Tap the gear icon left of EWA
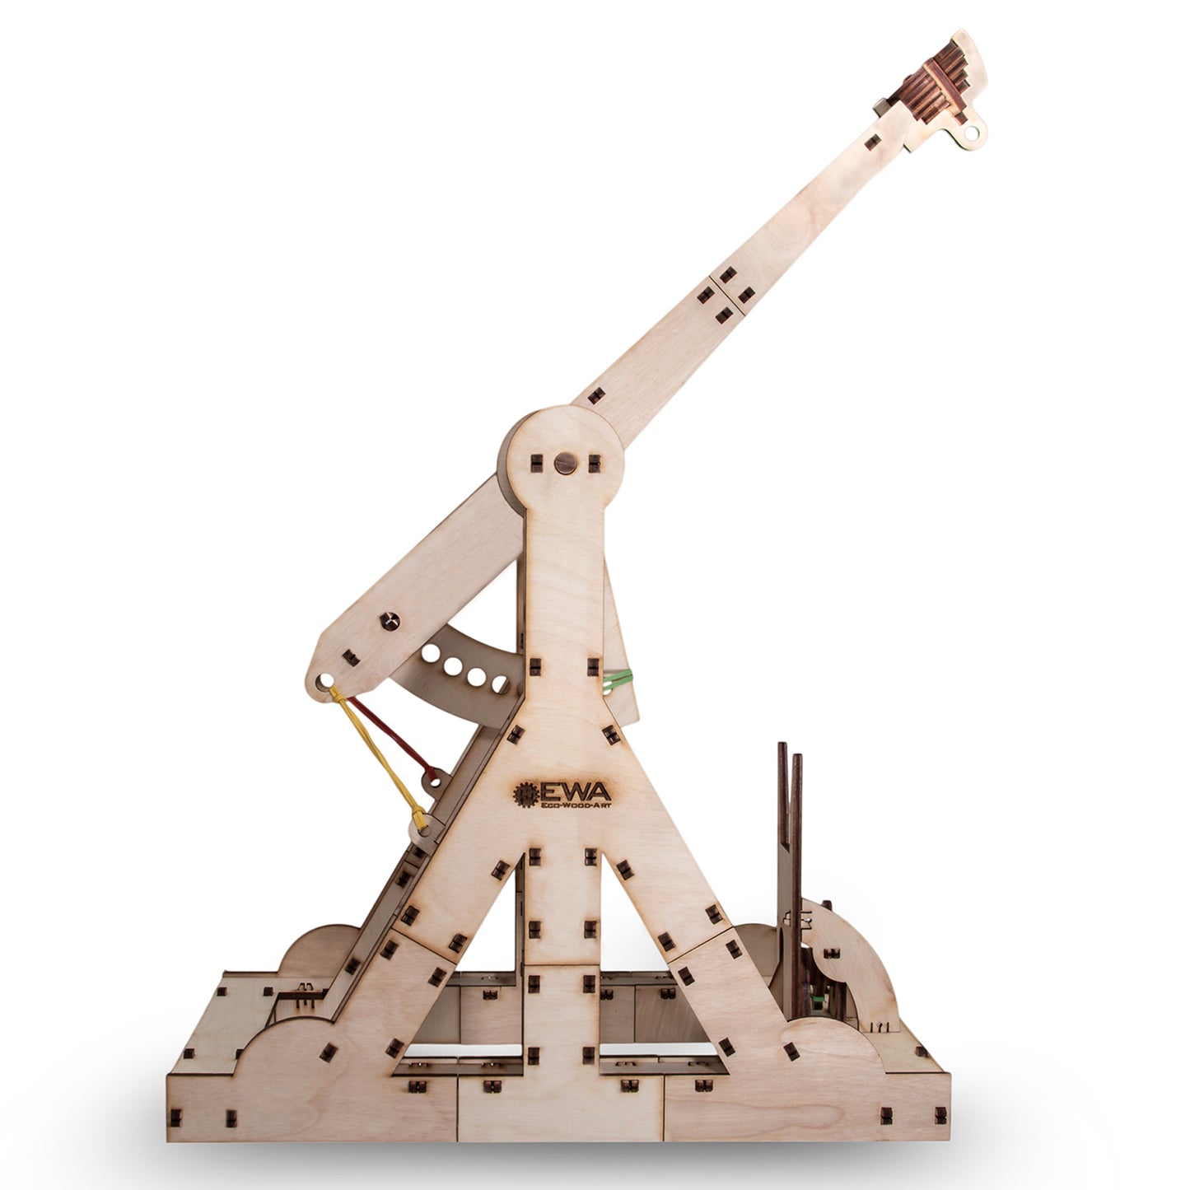point(525,793)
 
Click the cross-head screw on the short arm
point(387,618)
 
